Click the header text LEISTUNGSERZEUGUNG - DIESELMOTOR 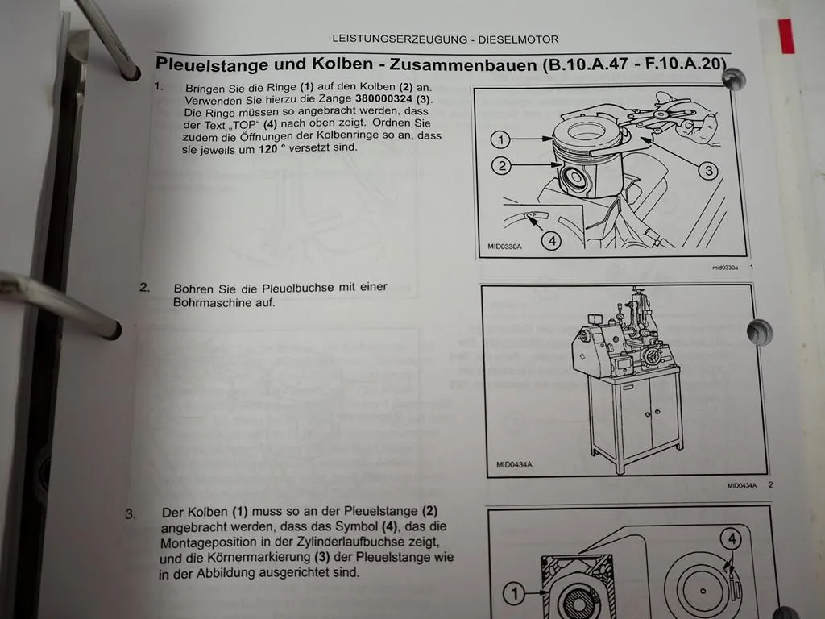click(x=445, y=39)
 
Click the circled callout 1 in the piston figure click(x=500, y=140)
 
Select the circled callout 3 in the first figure click(x=706, y=170)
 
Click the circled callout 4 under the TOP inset click(x=550, y=239)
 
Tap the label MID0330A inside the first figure click(x=504, y=247)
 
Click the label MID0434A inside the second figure click(x=515, y=464)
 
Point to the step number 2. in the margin click(x=144, y=287)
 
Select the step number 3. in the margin click(x=131, y=513)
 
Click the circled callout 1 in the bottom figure click(x=515, y=595)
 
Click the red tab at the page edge click(x=786, y=36)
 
